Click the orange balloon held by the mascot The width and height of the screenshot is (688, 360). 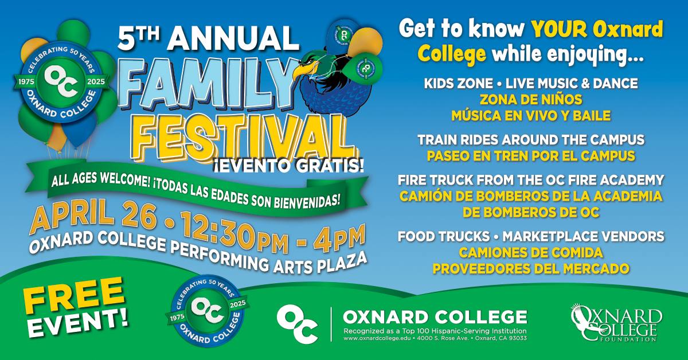point(366,42)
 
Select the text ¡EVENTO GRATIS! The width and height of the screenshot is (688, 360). point(288,166)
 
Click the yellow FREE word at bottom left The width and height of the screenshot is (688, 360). point(73,295)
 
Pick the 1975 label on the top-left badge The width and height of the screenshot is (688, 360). point(26,82)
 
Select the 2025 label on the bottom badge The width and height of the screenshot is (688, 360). point(238,304)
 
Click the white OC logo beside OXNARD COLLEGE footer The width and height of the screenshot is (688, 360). point(298,323)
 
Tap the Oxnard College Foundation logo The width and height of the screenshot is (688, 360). point(616,322)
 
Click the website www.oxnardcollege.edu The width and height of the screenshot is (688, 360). point(377,338)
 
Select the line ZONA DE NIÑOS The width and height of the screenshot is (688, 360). point(531,100)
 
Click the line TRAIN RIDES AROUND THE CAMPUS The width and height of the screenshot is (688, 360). point(531,140)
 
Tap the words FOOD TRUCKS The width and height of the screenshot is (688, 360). point(444,237)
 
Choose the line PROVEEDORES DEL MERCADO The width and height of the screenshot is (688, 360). point(531,269)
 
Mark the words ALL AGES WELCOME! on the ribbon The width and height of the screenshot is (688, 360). point(101,181)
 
